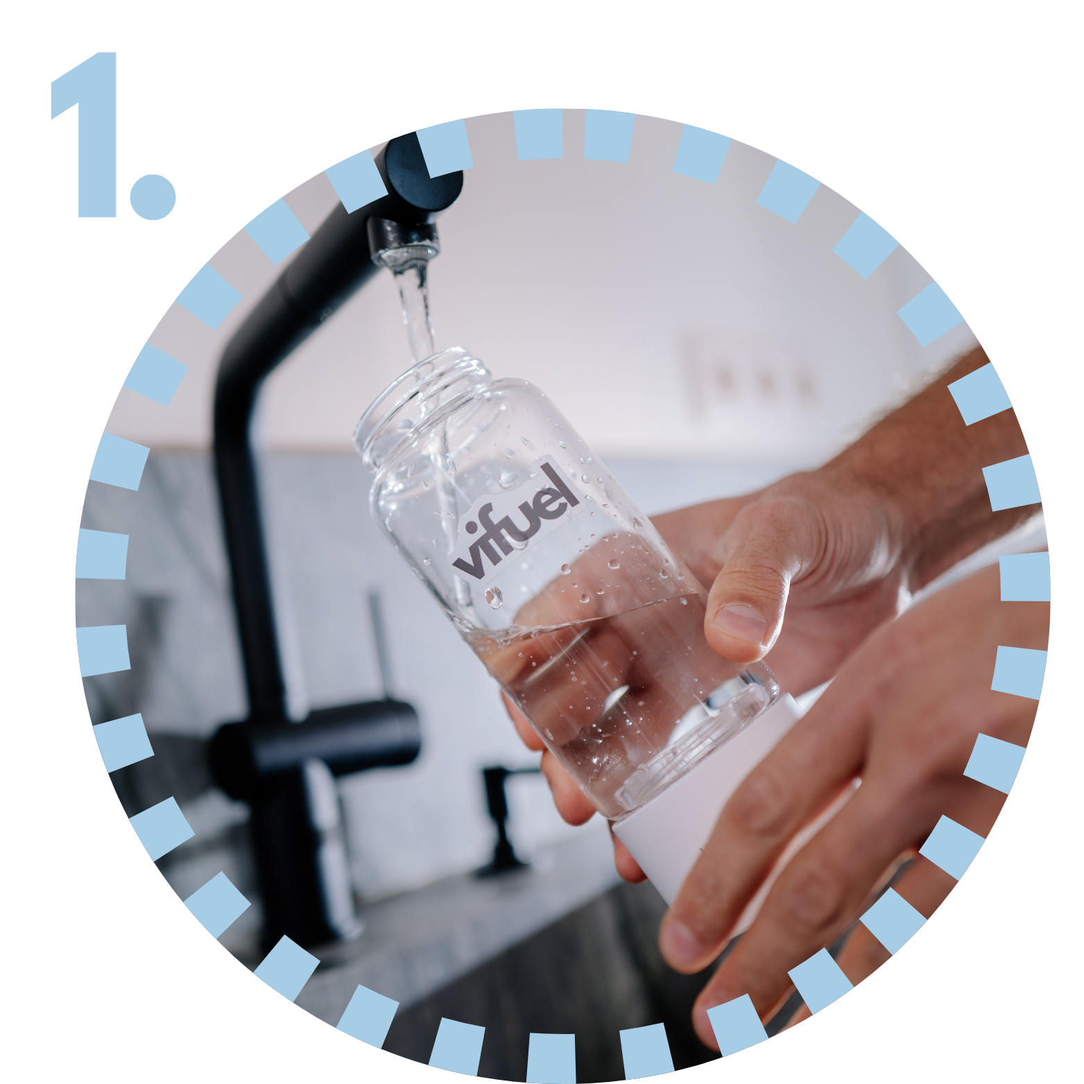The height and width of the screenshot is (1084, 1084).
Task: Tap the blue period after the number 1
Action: (x=153, y=196)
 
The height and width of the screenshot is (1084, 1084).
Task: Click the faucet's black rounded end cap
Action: (x=424, y=173)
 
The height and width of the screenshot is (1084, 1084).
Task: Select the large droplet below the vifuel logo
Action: (x=494, y=596)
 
